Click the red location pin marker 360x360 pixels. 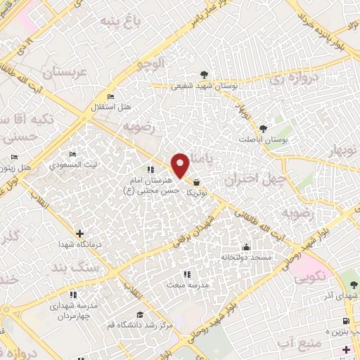coord(181,165)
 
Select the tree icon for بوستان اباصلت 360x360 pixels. coord(263,128)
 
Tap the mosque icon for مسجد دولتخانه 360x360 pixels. coord(246,247)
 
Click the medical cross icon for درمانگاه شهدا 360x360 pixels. coord(79,233)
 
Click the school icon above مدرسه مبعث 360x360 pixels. coord(186,274)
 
